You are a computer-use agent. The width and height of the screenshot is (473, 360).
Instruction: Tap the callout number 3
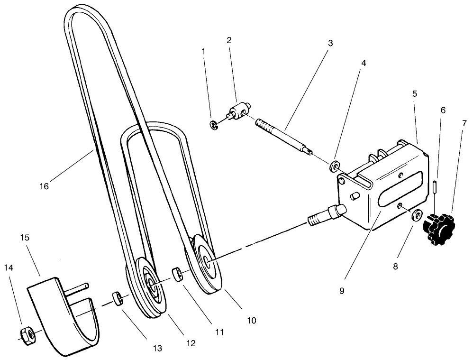click(330, 43)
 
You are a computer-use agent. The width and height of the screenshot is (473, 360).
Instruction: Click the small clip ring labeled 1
click(213, 125)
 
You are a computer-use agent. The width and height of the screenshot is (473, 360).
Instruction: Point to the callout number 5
click(414, 94)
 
